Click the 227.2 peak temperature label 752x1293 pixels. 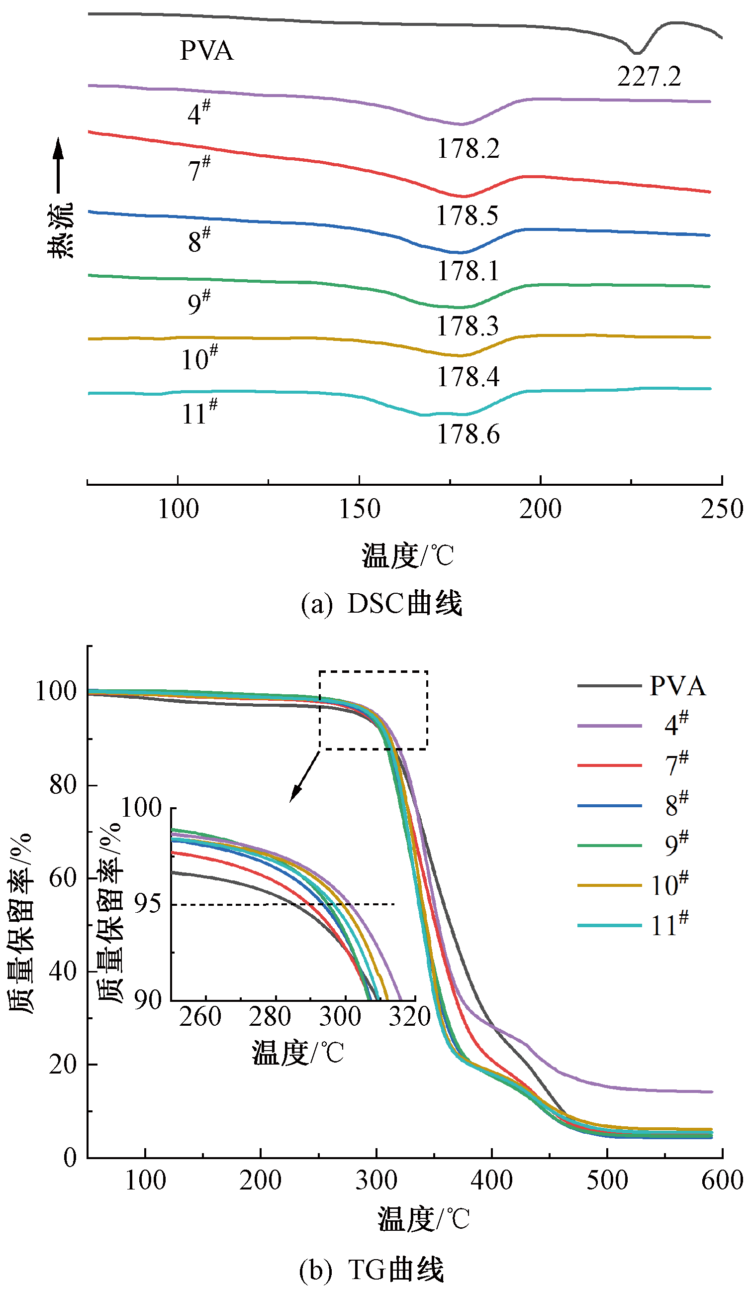[649, 77]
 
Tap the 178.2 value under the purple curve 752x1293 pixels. [468, 149]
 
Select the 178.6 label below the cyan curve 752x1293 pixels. [468, 434]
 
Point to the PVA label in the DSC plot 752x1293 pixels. [206, 51]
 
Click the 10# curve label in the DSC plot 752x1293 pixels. [199, 358]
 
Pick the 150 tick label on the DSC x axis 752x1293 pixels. [360, 509]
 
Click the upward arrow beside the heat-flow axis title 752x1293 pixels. [58, 164]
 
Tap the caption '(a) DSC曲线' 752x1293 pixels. [381, 603]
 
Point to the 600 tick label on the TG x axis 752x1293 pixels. [722, 1180]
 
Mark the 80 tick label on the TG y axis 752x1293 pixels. [63, 784]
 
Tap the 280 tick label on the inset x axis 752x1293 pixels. [270, 1016]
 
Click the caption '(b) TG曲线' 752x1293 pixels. [372, 1271]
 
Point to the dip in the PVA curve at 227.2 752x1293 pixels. [636, 52]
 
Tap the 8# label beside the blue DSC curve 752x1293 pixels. [199, 240]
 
